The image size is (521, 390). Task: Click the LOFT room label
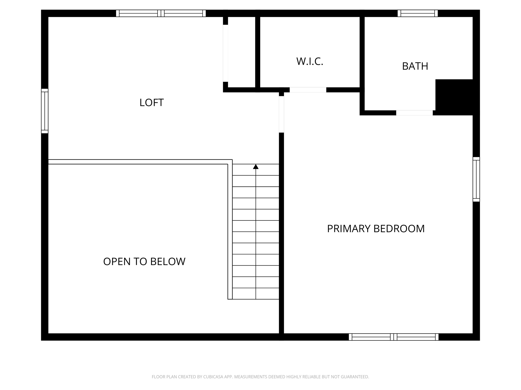(151, 103)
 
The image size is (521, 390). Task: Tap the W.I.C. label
(310, 61)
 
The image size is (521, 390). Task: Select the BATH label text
(415, 66)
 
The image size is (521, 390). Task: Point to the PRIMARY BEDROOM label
(376, 229)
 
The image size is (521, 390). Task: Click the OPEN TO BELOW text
(144, 262)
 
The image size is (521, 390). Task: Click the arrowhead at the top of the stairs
(256, 167)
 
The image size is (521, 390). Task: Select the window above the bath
(417, 13)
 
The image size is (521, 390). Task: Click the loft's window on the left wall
(45, 111)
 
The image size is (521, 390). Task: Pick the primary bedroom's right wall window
(476, 179)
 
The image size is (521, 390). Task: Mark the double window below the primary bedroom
(394, 337)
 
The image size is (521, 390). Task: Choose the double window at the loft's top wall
(161, 13)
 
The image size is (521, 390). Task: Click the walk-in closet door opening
(308, 90)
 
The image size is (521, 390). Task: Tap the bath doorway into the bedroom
(414, 113)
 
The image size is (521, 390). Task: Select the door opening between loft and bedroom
(281, 114)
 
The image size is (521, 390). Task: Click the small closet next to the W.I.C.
(241, 52)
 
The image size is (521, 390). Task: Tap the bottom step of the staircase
(256, 294)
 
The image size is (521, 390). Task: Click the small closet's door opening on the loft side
(225, 53)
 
